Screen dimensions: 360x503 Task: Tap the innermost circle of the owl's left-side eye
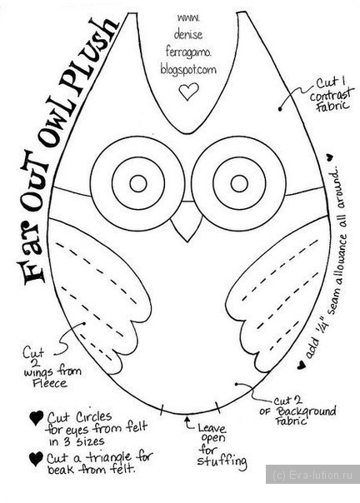click(x=138, y=183)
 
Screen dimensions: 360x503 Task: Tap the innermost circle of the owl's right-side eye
click(x=239, y=183)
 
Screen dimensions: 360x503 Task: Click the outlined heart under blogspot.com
click(x=188, y=92)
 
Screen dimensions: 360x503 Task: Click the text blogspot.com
click(x=188, y=70)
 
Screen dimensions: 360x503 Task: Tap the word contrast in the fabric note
click(x=332, y=95)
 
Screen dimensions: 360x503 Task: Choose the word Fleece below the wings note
click(x=49, y=383)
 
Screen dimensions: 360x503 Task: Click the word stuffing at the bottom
click(x=222, y=461)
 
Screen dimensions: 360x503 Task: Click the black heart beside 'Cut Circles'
click(x=37, y=418)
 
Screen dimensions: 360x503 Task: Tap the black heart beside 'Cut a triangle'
click(x=36, y=459)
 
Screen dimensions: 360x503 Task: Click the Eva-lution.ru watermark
click(x=312, y=474)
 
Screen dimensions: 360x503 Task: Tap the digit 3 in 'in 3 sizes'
click(x=65, y=441)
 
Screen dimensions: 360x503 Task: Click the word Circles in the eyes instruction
click(x=94, y=417)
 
